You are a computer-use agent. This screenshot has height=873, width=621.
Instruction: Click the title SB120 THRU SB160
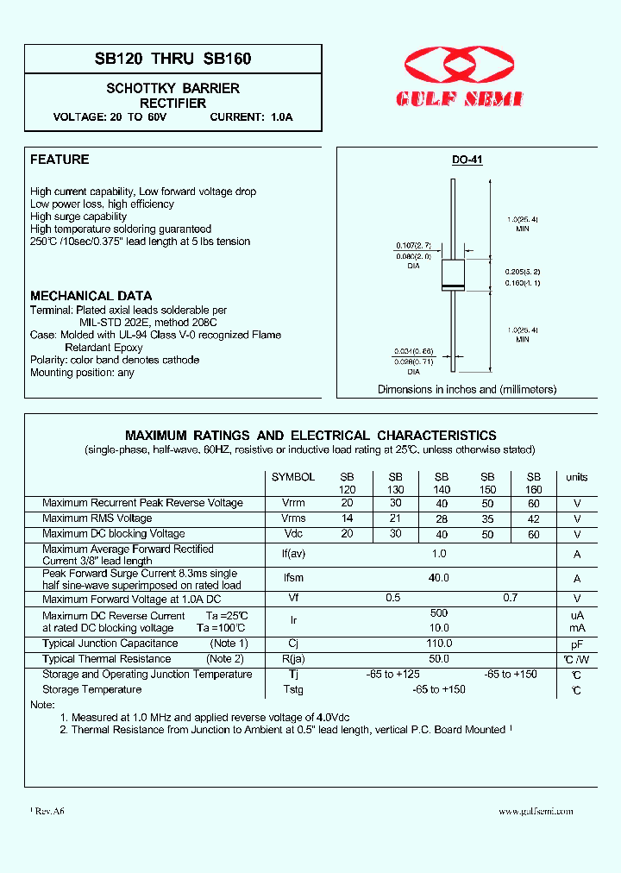[172, 60]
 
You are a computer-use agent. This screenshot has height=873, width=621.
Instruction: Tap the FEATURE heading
[60, 160]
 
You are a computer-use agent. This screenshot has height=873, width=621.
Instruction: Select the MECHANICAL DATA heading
[91, 296]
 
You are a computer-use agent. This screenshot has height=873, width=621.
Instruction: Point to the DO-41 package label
[467, 160]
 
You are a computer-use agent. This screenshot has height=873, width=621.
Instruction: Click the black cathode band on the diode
[453, 286]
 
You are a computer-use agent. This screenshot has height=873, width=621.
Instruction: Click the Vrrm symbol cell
[293, 503]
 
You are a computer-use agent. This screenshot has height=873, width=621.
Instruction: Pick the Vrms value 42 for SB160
[533, 518]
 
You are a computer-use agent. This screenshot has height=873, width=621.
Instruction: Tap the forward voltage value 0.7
[510, 598]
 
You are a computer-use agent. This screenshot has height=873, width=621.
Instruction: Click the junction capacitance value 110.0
[440, 644]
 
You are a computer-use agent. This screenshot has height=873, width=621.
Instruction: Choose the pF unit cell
[576, 644]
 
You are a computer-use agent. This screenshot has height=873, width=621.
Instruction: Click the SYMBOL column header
[293, 477]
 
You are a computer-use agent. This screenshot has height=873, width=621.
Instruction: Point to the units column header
[576, 477]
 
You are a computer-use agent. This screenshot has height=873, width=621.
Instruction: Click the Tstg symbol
[293, 690]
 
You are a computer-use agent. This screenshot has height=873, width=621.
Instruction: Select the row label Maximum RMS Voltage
[97, 518]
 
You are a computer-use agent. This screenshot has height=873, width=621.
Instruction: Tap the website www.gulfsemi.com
[535, 811]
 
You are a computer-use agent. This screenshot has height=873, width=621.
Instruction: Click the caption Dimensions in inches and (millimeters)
[467, 390]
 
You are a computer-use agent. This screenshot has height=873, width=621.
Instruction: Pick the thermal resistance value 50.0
[440, 659]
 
